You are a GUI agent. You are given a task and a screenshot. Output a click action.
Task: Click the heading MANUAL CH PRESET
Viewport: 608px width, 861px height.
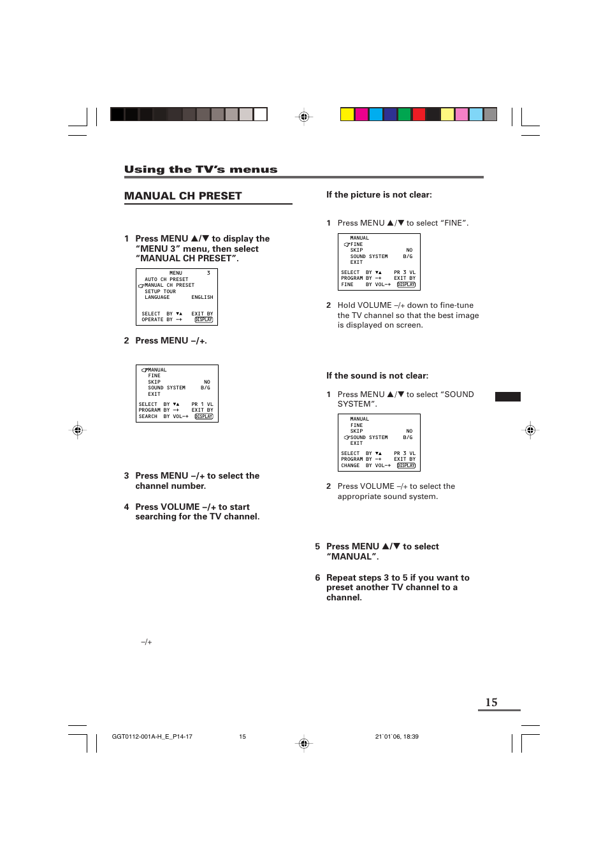(x=183, y=196)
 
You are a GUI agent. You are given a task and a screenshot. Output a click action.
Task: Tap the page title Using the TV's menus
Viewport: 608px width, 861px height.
(x=201, y=170)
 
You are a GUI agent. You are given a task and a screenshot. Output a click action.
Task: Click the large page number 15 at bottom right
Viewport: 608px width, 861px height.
(x=491, y=702)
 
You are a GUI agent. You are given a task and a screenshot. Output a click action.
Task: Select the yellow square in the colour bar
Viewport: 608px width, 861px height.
(x=347, y=115)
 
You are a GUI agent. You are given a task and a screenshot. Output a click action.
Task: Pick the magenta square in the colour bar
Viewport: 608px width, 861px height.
(x=361, y=115)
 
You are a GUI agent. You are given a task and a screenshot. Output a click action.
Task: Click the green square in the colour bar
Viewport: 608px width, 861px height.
(x=404, y=115)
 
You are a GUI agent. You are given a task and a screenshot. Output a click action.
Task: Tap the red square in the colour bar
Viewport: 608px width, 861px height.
(x=419, y=115)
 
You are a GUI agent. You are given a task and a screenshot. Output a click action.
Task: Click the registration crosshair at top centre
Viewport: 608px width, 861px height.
(x=304, y=117)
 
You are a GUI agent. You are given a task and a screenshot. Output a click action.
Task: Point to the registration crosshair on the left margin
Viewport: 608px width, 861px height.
(x=78, y=430)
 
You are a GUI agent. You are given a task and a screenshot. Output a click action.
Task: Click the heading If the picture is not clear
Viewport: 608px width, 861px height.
(x=379, y=195)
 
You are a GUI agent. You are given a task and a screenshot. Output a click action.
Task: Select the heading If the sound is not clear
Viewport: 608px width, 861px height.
(x=377, y=376)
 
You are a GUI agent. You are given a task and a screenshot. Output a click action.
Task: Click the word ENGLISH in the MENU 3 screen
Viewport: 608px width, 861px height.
(x=202, y=298)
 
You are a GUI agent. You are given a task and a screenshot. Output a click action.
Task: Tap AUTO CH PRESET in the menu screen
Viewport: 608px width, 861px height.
(x=166, y=279)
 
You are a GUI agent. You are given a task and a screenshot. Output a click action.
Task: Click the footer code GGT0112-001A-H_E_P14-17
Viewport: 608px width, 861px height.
(x=152, y=737)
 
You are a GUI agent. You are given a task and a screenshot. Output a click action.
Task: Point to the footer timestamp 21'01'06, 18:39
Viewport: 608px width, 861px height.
(x=396, y=737)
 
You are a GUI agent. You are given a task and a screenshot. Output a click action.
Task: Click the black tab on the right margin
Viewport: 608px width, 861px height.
(x=507, y=396)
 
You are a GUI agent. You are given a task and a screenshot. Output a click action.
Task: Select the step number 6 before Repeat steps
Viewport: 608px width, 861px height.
(x=317, y=578)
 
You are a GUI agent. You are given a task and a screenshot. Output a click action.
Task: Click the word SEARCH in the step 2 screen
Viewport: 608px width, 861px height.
(x=148, y=417)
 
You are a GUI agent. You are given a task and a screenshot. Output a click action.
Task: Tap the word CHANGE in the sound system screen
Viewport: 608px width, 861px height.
(x=350, y=466)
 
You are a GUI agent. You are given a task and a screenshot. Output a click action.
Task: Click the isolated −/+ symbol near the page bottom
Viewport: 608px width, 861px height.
(x=147, y=642)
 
